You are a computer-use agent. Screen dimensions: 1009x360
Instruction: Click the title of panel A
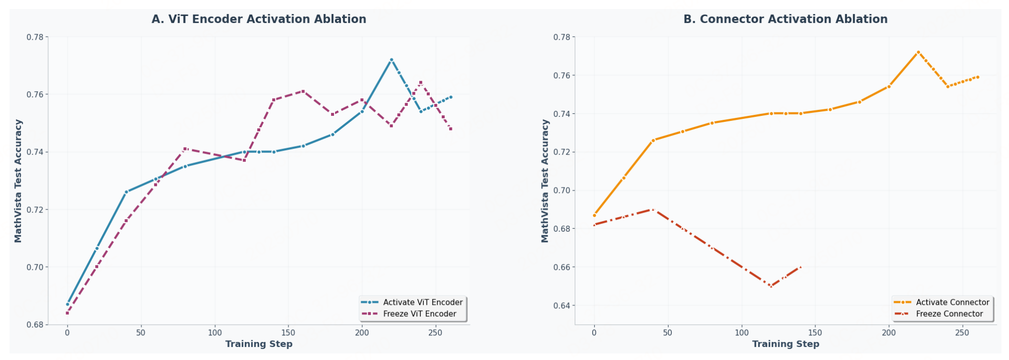(x=259, y=19)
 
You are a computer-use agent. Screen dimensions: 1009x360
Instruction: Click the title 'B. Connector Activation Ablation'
(x=785, y=19)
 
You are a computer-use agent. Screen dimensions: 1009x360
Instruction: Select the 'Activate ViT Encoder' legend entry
(x=412, y=302)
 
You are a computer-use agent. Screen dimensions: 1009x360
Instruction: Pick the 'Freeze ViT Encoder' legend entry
(x=409, y=314)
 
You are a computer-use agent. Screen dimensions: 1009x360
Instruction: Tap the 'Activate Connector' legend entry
(x=941, y=302)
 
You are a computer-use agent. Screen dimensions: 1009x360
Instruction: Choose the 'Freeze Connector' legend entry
(x=938, y=314)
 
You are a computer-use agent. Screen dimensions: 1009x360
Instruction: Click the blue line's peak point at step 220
(x=391, y=60)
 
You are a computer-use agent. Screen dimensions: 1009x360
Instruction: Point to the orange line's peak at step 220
(x=918, y=52)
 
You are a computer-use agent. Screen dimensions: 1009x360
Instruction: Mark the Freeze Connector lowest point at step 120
(x=771, y=286)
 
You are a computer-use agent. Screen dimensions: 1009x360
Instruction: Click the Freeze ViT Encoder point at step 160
(x=303, y=91)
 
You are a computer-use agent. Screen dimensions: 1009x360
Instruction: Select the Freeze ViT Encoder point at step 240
(x=421, y=83)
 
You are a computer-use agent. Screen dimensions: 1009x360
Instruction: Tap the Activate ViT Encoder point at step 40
(x=126, y=192)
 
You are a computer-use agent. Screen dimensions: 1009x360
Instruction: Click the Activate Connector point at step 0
(x=594, y=216)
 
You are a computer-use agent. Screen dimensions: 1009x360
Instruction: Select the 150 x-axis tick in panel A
(x=288, y=332)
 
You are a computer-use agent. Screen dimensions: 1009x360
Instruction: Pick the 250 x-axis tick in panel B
(x=962, y=332)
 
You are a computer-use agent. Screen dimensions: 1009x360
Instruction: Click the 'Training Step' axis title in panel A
(x=259, y=344)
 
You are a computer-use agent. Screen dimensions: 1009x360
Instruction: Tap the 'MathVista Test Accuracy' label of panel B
(x=545, y=181)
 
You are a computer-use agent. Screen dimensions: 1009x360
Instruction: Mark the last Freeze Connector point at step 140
(x=800, y=267)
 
